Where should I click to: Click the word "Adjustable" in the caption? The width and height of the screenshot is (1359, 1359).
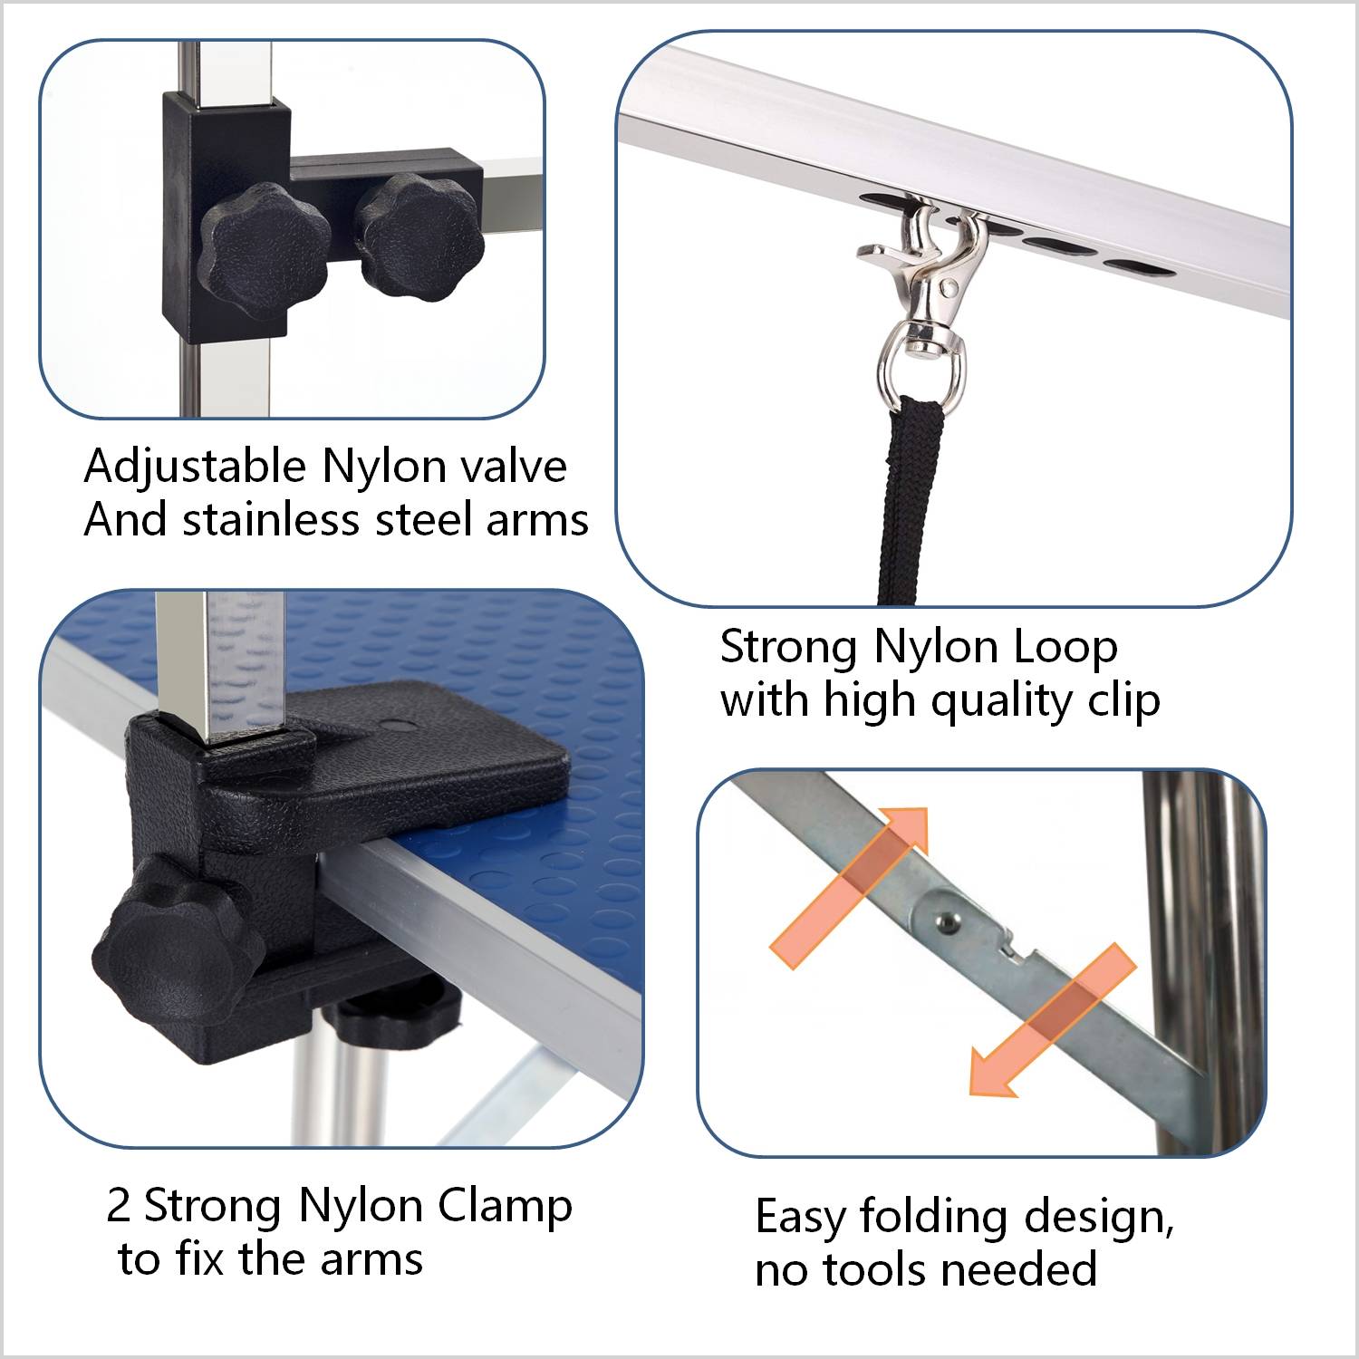click(x=195, y=467)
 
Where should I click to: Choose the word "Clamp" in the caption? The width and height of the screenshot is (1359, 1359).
click(x=505, y=1206)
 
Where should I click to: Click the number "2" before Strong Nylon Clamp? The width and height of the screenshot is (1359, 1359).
click(x=119, y=1206)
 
